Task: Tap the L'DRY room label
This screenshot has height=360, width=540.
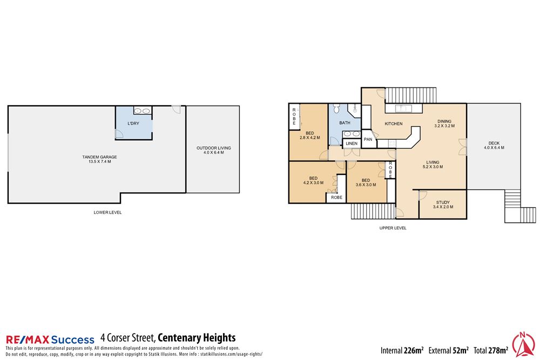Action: pyautogui.click(x=133, y=124)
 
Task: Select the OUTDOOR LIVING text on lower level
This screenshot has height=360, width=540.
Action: pyautogui.click(x=210, y=150)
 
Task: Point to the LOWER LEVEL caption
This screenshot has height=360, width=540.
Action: pyautogui.click(x=107, y=213)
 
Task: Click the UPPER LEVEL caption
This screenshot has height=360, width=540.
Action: pyautogui.click(x=393, y=228)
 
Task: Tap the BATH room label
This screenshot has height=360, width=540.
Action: pyautogui.click(x=345, y=123)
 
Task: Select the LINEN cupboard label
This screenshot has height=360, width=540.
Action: pyautogui.click(x=351, y=144)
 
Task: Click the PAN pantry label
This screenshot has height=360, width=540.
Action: pyautogui.click(x=368, y=139)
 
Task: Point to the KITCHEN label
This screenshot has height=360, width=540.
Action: pyautogui.click(x=394, y=124)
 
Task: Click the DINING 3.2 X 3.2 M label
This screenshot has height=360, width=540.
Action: pyautogui.click(x=444, y=124)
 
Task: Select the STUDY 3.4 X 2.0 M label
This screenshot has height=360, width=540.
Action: pyautogui.click(x=443, y=204)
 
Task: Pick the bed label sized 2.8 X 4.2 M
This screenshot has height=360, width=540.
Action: pyautogui.click(x=310, y=135)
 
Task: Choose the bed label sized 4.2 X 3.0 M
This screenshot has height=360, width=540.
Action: pyautogui.click(x=313, y=180)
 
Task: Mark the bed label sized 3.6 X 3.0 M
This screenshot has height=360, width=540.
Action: pyautogui.click(x=366, y=182)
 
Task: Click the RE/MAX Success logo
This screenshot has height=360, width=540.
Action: pyautogui.click(x=50, y=339)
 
